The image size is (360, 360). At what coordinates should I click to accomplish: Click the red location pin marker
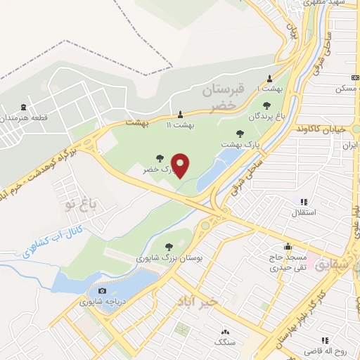click(181, 166)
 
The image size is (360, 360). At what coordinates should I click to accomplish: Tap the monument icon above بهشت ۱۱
click(181, 114)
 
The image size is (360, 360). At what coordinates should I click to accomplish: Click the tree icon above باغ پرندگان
click(268, 105)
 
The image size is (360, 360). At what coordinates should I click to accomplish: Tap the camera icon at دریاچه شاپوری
click(103, 290)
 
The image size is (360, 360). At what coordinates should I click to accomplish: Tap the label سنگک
click(225, 342)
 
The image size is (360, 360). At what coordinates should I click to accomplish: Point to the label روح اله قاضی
click(326, 349)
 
